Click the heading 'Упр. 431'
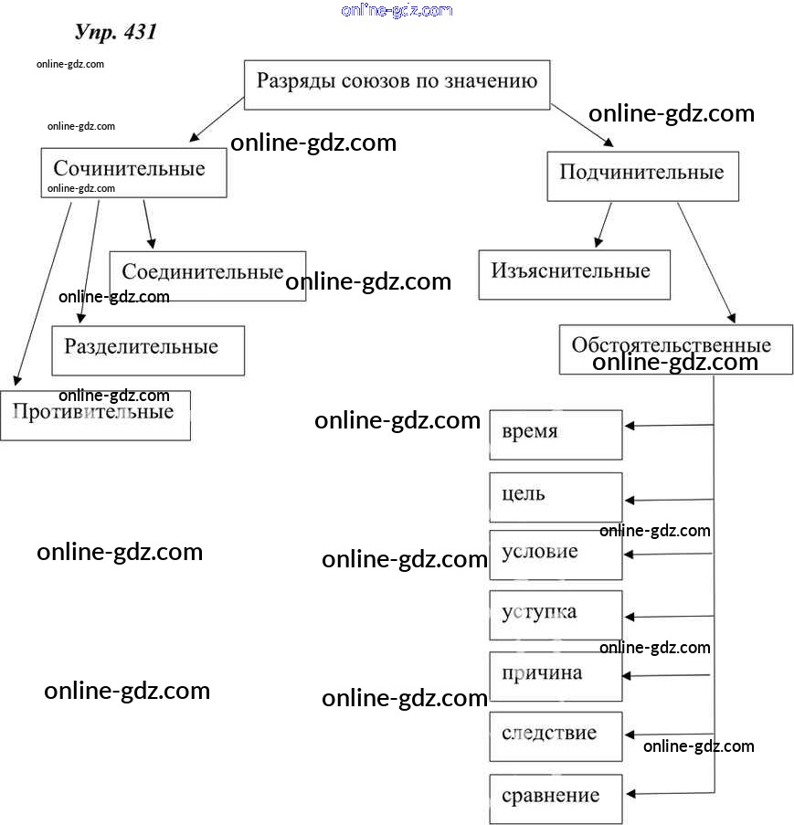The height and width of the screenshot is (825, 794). [115, 32]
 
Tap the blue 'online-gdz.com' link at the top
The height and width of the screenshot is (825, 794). [397, 10]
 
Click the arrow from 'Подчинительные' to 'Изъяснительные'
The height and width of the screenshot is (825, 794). [603, 225]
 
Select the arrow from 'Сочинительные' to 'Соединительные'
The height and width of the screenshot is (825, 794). [147, 223]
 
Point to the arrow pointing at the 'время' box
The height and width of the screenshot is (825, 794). [669, 425]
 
